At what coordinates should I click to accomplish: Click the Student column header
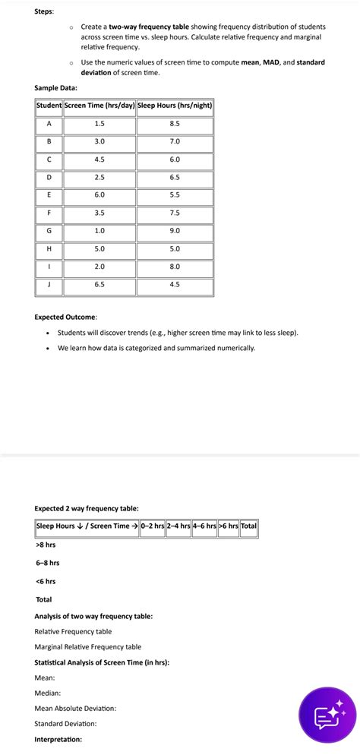[49, 105]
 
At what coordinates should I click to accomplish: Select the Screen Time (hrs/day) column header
[99, 105]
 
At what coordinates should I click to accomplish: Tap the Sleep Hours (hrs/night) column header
[175, 105]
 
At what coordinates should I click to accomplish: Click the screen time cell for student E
[99, 194]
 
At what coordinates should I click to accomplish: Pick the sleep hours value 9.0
[175, 230]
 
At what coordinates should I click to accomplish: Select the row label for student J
[49, 284]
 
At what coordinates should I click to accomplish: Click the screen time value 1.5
[99, 123]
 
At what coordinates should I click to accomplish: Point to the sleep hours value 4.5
[175, 284]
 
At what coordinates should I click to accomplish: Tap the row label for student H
[49, 248]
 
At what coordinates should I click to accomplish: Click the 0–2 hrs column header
[153, 526]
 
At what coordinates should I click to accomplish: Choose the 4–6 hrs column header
[204, 526]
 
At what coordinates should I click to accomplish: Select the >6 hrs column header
[229, 526]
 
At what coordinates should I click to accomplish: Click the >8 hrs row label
[46, 545]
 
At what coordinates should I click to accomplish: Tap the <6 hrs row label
[46, 581]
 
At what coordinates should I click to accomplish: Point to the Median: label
[48, 693]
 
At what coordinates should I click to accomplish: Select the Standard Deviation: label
[65, 723]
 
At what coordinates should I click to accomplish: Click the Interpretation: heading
[58, 739]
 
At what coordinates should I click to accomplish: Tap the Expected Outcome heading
[65, 316]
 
